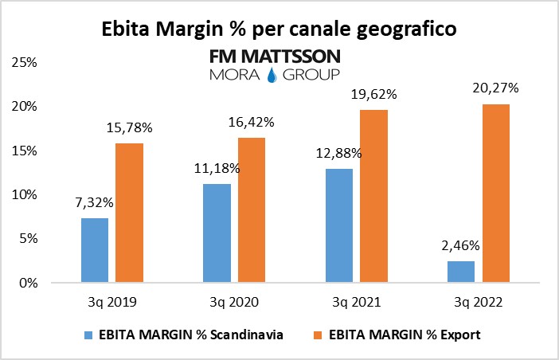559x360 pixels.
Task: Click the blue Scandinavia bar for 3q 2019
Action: coord(95,250)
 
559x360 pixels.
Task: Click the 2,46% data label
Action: coord(459,247)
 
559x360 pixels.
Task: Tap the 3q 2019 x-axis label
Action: coord(112,303)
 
